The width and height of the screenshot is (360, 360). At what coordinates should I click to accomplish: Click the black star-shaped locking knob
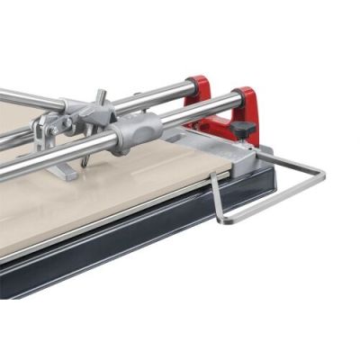[x=242, y=129]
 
